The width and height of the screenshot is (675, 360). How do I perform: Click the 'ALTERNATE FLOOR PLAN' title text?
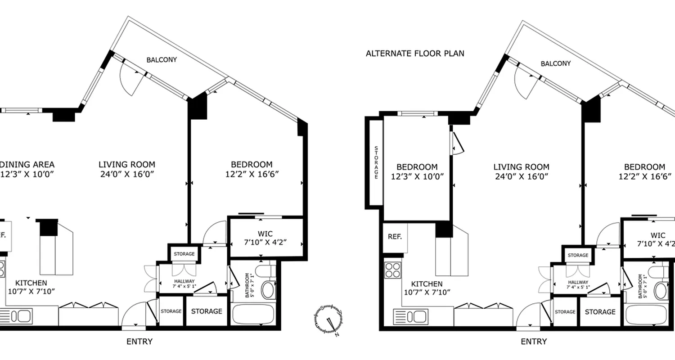[x=415, y=54]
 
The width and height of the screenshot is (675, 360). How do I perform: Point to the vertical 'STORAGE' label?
[x=376, y=163]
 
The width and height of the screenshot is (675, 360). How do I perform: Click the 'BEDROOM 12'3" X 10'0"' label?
[x=416, y=171]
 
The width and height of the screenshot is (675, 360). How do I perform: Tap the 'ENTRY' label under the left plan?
[x=139, y=342]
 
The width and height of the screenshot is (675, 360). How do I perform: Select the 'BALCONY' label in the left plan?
[x=162, y=59]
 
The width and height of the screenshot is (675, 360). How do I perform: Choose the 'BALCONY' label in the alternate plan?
[x=555, y=63]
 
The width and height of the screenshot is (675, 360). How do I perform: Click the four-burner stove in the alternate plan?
[x=392, y=270]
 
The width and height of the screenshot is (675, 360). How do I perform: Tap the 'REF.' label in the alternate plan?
[x=395, y=237]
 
